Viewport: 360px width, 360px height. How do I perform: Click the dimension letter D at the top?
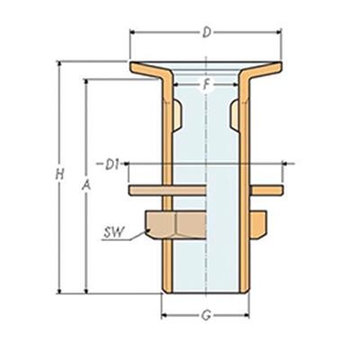(206, 33)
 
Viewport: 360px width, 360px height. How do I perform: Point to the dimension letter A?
(85, 184)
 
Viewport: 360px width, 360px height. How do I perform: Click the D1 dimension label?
(112, 164)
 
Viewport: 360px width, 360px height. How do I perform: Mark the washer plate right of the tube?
(267, 191)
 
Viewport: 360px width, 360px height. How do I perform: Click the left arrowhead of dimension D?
(134, 33)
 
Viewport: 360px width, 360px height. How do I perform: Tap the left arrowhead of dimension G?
(164, 315)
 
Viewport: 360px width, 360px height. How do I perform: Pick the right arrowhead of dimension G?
(251, 315)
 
